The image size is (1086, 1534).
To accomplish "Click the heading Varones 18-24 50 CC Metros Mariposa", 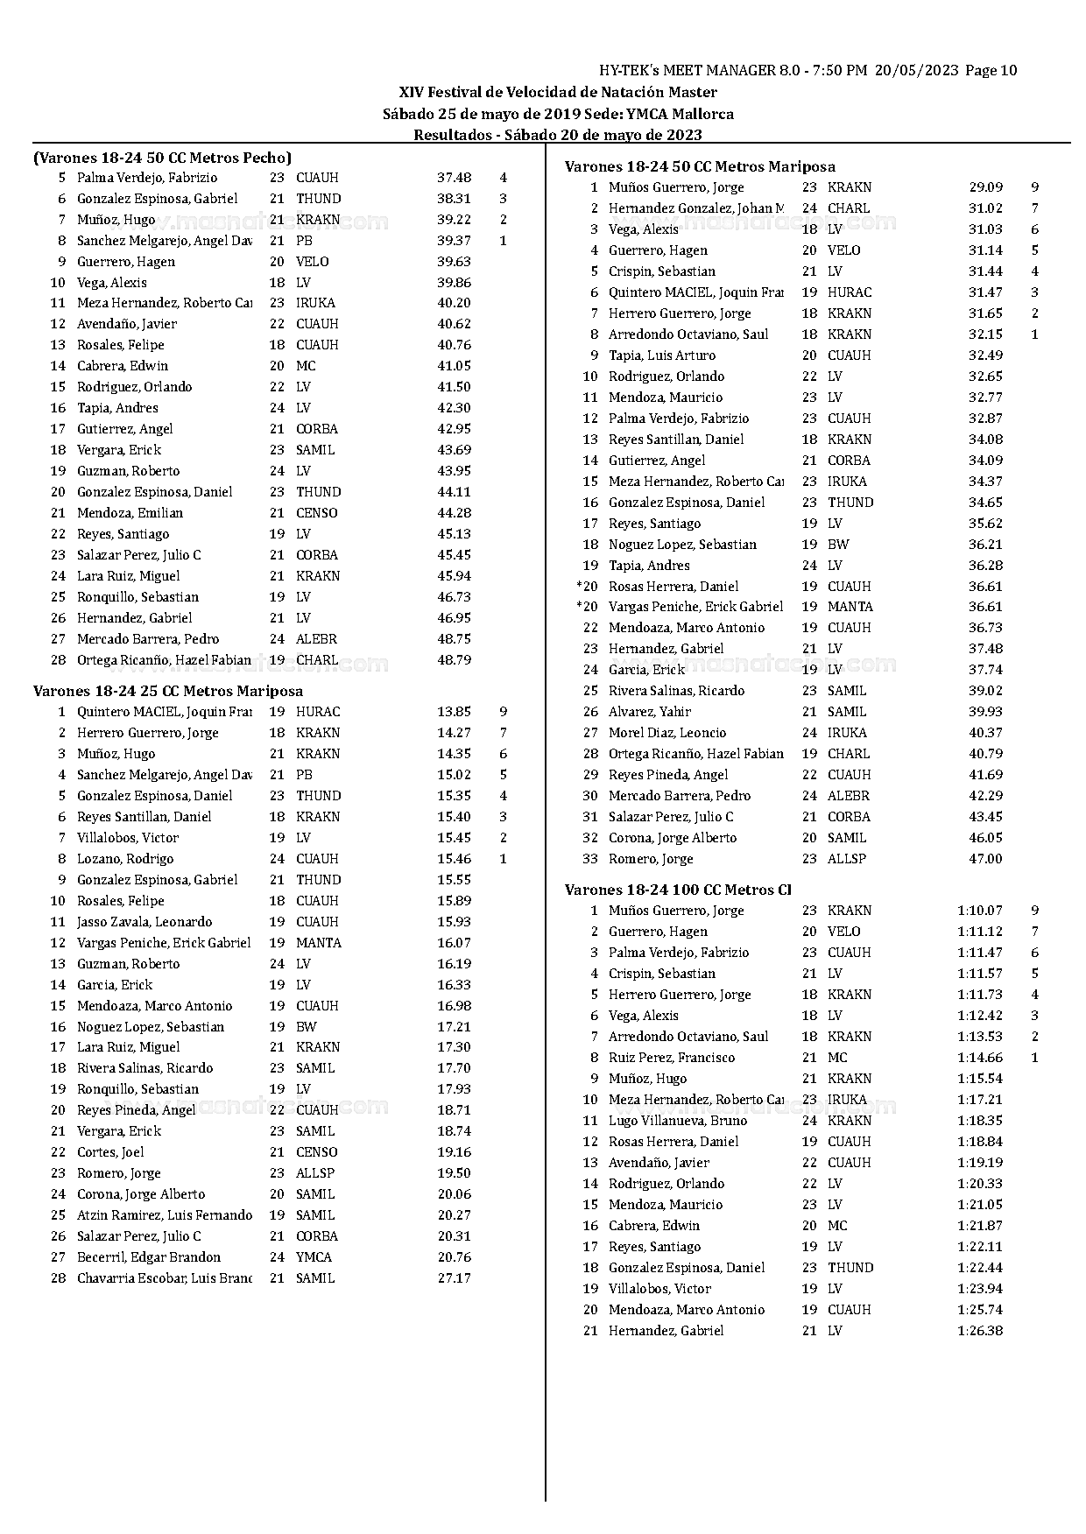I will (699, 166).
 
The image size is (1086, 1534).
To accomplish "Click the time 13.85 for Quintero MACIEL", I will (454, 712).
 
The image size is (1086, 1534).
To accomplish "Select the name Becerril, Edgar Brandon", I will (148, 1257).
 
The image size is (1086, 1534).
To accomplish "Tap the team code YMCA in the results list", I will (314, 1257).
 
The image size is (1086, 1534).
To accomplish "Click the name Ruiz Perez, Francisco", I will (672, 1058).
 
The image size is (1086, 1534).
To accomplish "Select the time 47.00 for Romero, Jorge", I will (985, 859).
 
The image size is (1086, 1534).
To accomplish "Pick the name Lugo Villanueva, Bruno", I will (677, 1121).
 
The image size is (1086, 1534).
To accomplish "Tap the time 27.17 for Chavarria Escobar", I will (454, 1278).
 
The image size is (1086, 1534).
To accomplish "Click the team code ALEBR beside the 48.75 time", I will (316, 639).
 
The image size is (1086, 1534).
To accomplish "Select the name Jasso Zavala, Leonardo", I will (145, 922).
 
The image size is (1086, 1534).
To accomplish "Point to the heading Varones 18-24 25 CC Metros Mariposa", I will (168, 692).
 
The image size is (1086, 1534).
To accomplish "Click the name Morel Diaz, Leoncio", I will (666, 733).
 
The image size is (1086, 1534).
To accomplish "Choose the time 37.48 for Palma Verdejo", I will (454, 178).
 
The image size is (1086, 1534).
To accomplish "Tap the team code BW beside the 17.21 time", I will (306, 1027).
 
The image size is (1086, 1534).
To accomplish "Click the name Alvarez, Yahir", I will (649, 712).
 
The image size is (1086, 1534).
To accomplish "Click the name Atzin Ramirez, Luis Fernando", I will (164, 1215).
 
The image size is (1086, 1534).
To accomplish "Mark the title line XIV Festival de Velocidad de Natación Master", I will (558, 92).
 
